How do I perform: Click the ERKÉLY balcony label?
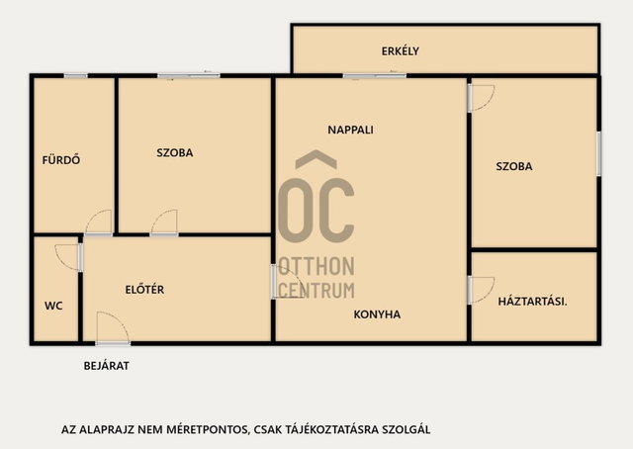point(400,51)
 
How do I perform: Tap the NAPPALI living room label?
point(350,130)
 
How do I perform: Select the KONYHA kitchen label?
point(377,314)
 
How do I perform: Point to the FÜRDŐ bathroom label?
point(61,160)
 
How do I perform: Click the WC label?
point(53,306)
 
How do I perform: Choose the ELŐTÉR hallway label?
point(144,290)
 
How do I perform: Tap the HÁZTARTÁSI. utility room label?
point(532,302)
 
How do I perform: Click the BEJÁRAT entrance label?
point(107,366)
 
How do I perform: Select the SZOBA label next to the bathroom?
point(175,153)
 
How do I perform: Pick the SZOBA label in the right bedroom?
point(514,166)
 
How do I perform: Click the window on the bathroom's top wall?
point(75,75)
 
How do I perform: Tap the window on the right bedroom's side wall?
point(599,153)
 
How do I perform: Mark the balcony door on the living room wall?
point(375,75)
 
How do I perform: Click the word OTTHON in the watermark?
point(317,266)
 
